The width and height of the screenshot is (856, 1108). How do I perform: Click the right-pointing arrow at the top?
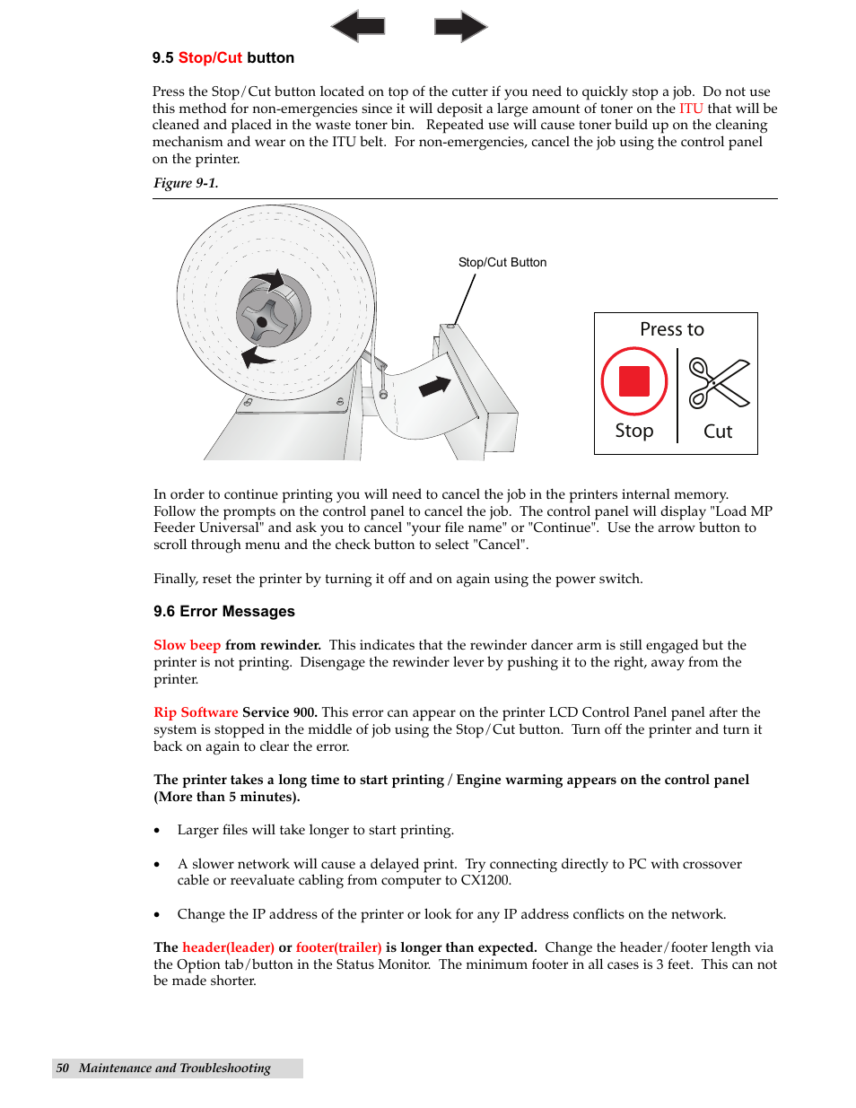tap(460, 26)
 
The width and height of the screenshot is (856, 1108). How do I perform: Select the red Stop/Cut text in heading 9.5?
tap(210, 57)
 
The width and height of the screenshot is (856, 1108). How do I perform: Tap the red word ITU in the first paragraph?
tap(691, 109)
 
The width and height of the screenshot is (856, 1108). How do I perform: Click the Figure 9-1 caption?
tap(186, 183)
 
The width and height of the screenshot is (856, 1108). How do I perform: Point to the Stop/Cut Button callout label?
tap(502, 262)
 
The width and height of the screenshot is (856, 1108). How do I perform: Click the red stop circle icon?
tap(633, 381)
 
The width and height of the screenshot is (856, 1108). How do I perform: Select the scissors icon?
tap(718, 383)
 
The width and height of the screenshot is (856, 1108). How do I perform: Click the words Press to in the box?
tap(671, 329)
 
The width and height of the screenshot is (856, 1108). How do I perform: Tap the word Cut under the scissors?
tap(718, 432)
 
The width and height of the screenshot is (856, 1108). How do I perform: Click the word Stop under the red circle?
tap(633, 431)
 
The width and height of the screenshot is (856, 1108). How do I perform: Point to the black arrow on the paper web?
tap(434, 387)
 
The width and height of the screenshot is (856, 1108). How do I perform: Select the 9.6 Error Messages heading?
tap(224, 611)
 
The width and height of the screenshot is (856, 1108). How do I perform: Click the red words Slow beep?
tap(187, 645)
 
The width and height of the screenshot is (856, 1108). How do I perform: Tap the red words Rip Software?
tap(196, 712)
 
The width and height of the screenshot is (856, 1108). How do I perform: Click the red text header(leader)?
tap(228, 947)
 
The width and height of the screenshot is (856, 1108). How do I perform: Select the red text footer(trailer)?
tap(338, 947)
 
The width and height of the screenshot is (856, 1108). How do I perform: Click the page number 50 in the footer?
tap(62, 1068)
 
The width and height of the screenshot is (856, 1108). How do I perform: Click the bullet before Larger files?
tap(157, 831)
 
